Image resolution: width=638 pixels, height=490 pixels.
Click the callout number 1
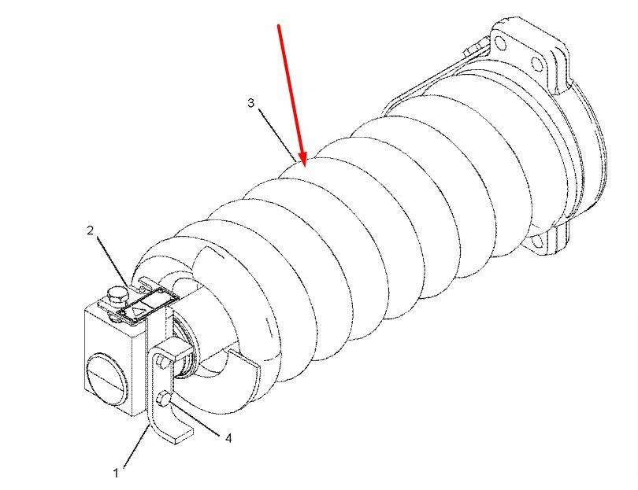point(116,473)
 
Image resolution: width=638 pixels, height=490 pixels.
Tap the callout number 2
point(91,230)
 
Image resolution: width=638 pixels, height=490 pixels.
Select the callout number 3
point(250,103)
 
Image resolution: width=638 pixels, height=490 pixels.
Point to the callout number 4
point(228,438)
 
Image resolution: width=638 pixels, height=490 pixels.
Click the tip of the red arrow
point(304,166)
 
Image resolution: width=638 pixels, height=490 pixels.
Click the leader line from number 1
point(136,446)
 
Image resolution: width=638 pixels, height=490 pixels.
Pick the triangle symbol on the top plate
point(137,313)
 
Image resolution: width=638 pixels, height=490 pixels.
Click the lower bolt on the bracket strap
point(164,398)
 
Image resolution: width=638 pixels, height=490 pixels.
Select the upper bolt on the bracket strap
point(161,361)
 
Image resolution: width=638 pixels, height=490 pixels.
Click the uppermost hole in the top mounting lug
point(501,43)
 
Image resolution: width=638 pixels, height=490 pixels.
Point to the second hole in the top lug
point(536,64)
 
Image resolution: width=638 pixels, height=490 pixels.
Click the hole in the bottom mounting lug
point(536,242)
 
